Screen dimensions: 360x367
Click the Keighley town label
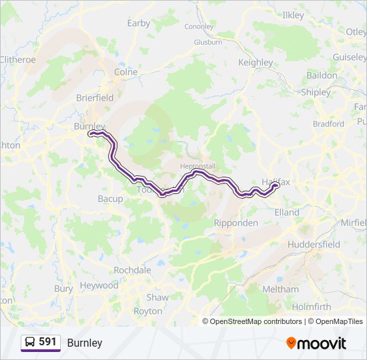pyautogui.click(x=256, y=63)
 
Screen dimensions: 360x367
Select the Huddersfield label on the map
pyautogui.click(x=314, y=245)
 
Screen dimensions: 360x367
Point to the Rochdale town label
pyautogui.click(x=132, y=270)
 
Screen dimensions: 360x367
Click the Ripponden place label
pyautogui.click(x=236, y=223)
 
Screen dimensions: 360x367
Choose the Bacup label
pyautogui.click(x=110, y=199)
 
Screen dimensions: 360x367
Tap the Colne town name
pyautogui.click(x=126, y=72)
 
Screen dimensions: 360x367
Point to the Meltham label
pyautogui.click(x=281, y=289)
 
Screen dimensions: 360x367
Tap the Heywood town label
pyautogui.click(x=99, y=285)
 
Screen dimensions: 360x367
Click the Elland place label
pyautogui.click(x=287, y=213)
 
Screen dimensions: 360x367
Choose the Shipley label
pyautogui.click(x=316, y=93)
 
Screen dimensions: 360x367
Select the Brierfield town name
pyautogui.click(x=95, y=97)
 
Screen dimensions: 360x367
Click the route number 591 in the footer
pyautogui.click(x=47, y=342)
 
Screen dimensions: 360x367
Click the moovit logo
pyautogui.click(x=316, y=343)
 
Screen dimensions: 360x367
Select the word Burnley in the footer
pyautogui.click(x=85, y=343)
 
